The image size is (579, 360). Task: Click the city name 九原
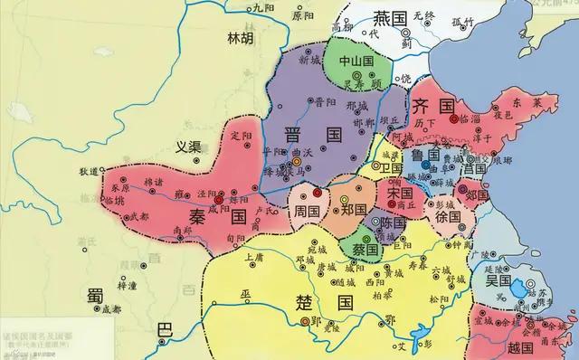(x=238, y=7)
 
